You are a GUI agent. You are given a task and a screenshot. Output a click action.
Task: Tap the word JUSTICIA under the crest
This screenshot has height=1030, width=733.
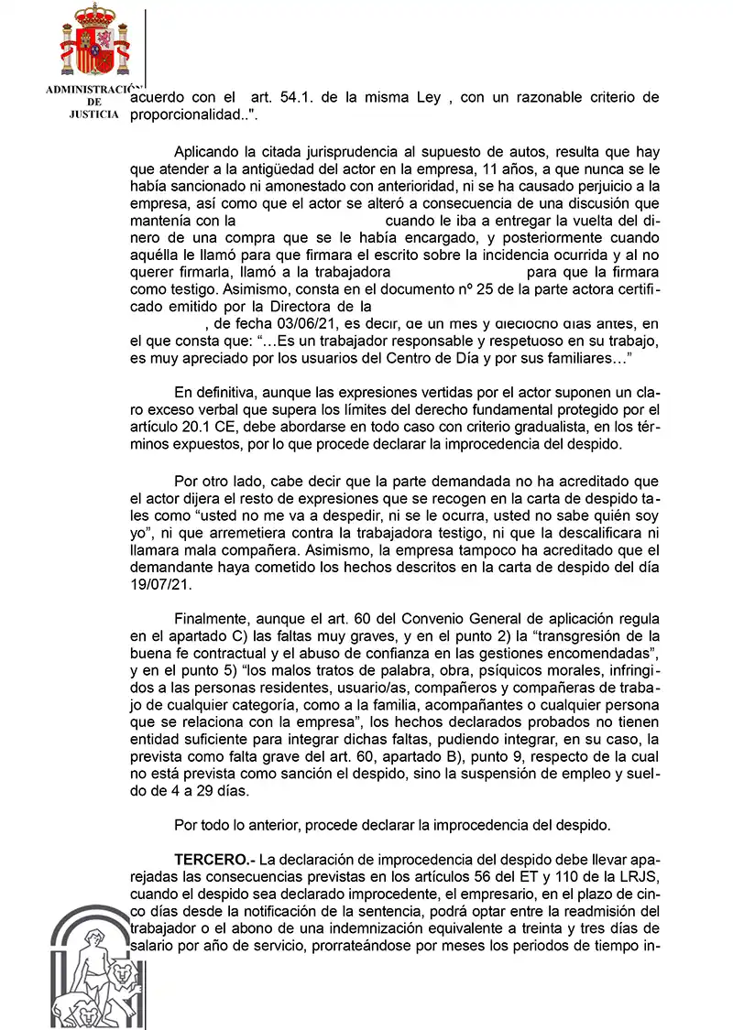93,116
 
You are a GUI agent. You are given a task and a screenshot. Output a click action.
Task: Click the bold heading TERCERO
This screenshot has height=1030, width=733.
214,861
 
